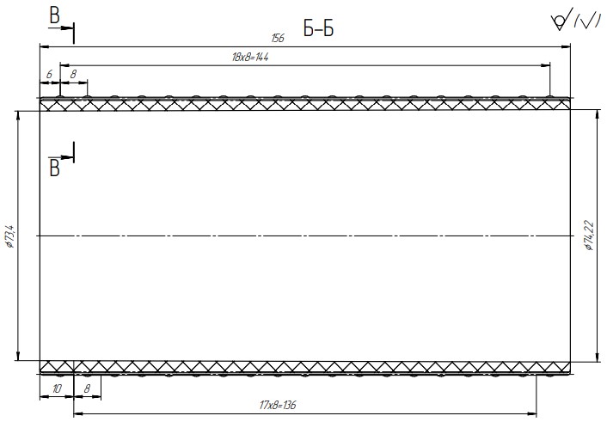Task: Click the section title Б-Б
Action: [x=318, y=28]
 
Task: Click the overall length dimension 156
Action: [x=278, y=38]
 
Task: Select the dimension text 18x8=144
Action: [x=250, y=58]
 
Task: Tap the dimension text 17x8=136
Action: [x=278, y=405]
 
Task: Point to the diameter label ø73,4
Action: [x=9, y=236]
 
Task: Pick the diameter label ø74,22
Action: [x=589, y=235]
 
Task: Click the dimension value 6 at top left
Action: [x=49, y=74]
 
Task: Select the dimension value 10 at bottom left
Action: [x=57, y=388]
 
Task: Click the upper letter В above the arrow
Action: [x=54, y=15]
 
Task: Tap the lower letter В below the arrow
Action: [x=54, y=168]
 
